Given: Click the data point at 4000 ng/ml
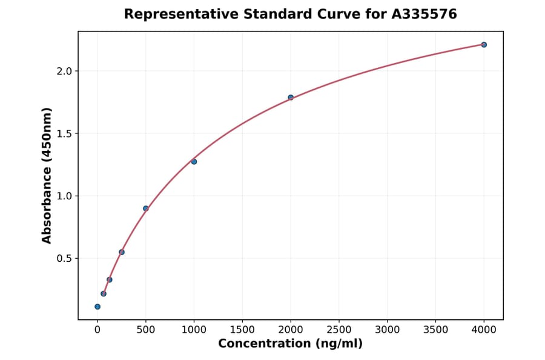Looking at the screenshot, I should [x=484, y=45].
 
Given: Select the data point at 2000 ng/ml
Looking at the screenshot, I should [x=291, y=98].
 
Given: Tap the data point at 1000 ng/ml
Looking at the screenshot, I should [x=194, y=162].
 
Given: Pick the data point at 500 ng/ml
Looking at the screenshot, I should [x=145, y=208].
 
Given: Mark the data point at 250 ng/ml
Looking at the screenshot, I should [x=122, y=252].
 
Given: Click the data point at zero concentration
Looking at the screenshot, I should [x=97, y=307].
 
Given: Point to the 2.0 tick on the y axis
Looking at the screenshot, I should [x=64, y=71].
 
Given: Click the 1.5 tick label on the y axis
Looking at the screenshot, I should [x=64, y=133].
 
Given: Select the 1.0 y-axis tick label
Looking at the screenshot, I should [x=64, y=196].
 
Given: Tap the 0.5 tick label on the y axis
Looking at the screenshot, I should [x=64, y=258].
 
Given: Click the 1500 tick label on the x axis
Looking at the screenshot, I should [x=242, y=330].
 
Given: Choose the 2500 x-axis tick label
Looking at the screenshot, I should [x=339, y=330].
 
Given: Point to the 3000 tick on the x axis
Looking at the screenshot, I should [x=388, y=330].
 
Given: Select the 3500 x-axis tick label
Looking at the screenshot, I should [x=435, y=330].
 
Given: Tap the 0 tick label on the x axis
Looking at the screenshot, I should [x=97, y=330].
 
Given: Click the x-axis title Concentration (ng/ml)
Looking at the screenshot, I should [x=290, y=344].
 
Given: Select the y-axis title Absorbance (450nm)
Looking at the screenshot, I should [x=47, y=175].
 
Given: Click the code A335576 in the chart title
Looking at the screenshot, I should [x=424, y=14].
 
